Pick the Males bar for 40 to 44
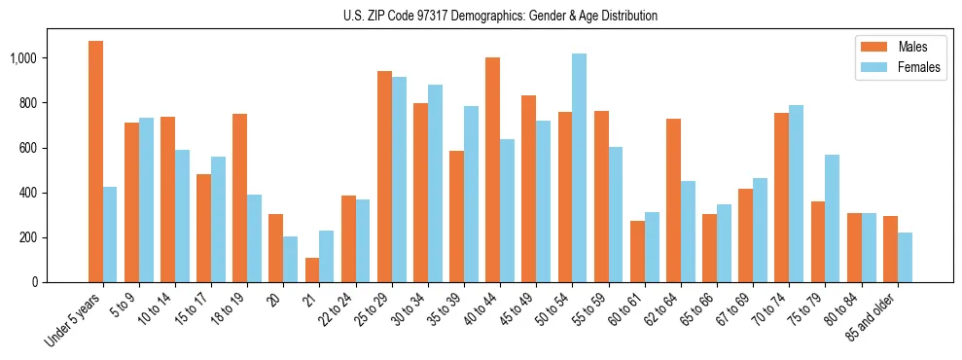(x=492, y=169)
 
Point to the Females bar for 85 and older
(x=905, y=257)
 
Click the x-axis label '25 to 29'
(x=373, y=307)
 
